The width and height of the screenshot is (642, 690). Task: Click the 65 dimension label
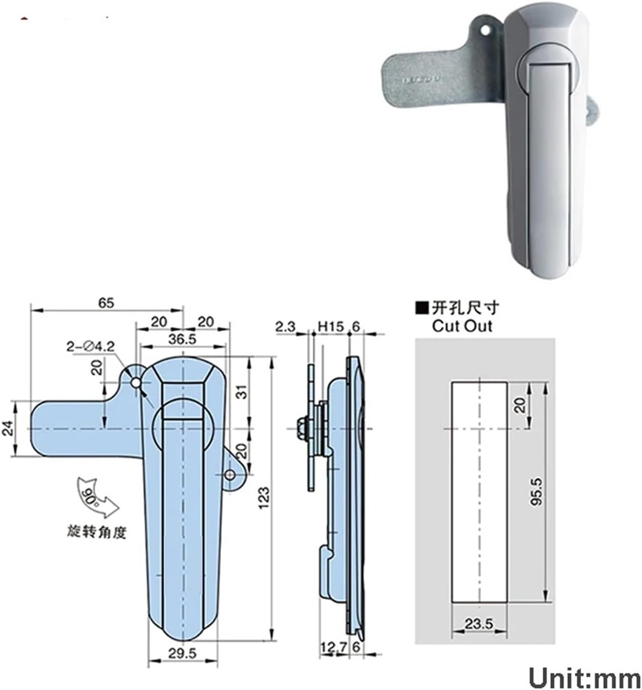click(106, 303)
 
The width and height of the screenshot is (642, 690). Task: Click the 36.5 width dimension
click(182, 339)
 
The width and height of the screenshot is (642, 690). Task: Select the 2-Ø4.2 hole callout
click(90, 347)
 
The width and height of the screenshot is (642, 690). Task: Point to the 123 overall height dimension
click(264, 498)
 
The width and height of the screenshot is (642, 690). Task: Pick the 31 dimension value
click(242, 391)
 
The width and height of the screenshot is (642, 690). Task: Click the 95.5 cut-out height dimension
click(537, 492)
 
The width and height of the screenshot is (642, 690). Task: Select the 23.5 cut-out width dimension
click(478, 624)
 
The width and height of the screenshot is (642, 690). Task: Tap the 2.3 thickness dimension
click(285, 326)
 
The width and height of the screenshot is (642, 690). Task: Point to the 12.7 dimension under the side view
click(333, 647)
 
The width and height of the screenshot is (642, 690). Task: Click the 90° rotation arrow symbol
click(97, 498)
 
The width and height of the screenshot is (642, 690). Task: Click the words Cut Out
click(461, 326)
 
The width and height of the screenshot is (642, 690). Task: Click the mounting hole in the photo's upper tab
click(485, 29)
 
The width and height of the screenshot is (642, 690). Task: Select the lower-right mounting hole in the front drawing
click(230, 474)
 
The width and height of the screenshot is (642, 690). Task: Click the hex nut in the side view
click(301, 428)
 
